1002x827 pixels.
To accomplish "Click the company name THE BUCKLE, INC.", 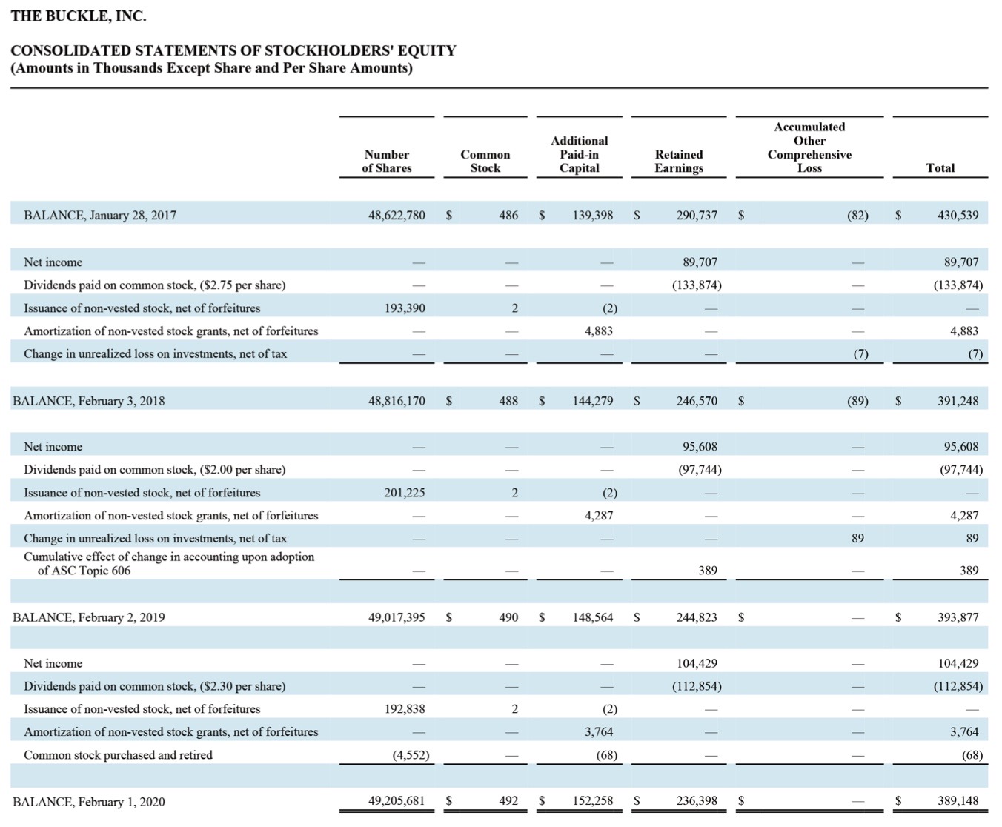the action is tap(79, 16).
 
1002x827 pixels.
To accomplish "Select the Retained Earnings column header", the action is tap(679, 162).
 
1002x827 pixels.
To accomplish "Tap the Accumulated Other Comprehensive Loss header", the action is tap(809, 147).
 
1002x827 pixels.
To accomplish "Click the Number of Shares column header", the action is tap(386, 162).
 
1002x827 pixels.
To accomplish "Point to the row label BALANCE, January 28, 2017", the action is tap(100, 215).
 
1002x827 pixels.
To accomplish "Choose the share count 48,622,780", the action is tap(397, 215).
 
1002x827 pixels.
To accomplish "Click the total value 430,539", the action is tap(958, 215).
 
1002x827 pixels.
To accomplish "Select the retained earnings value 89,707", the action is tap(700, 262).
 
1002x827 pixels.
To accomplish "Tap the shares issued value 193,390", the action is tap(405, 308).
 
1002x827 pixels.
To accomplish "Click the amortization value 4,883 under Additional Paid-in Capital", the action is tap(598, 331).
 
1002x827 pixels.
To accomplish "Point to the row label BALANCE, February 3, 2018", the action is tap(88, 401).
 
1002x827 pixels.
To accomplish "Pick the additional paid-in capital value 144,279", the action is tap(593, 401).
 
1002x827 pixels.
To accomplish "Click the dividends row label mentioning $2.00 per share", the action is tap(154, 469).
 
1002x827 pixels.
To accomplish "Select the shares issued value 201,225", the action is tap(405, 493).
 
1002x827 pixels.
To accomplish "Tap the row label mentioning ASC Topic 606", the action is tap(169, 563).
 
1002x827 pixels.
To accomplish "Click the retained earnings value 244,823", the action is tap(697, 617).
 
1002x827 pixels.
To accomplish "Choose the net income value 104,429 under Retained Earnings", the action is tap(697, 663).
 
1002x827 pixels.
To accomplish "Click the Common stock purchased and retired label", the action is tap(118, 755).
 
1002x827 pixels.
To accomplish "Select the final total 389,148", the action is tap(958, 800).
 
